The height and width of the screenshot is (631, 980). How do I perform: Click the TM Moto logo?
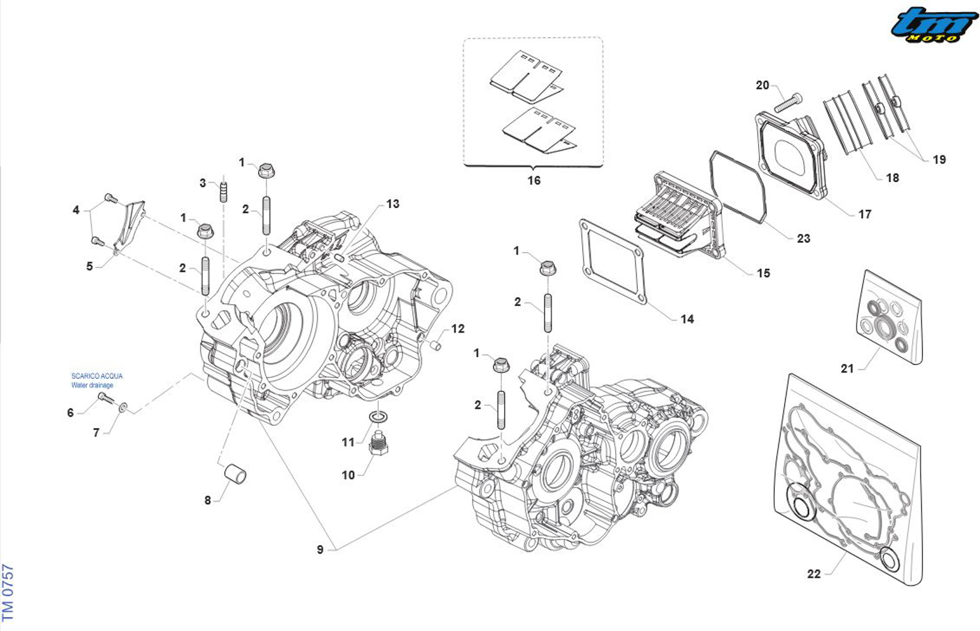934,25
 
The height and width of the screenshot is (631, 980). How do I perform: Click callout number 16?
534,181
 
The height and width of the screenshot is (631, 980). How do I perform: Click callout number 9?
320,550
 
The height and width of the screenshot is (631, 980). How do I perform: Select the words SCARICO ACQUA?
97,376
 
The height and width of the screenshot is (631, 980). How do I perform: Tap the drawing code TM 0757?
8,592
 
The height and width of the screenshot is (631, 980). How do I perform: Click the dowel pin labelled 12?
435,345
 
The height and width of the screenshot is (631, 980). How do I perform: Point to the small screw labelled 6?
106,398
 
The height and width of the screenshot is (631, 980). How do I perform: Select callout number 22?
814,573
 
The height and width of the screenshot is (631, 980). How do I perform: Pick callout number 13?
393,204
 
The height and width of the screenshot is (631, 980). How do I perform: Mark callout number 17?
864,214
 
